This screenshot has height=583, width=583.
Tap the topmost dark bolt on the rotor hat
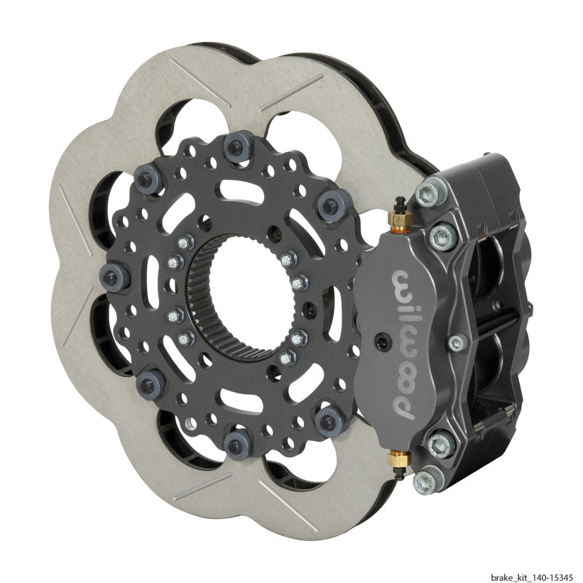(x=232, y=146)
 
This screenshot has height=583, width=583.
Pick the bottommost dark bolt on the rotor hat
(x=235, y=444)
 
